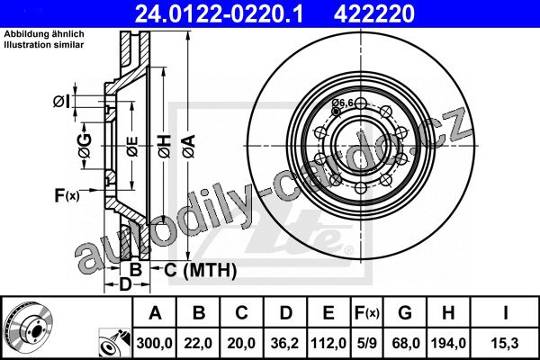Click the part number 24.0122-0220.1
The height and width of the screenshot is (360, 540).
coord(219,13)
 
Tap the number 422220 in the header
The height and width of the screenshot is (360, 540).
coord(374,13)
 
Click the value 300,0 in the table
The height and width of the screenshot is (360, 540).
coord(154,343)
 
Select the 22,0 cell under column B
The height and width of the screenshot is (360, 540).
coord(198,343)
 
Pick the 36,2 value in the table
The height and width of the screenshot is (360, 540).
coord(284,343)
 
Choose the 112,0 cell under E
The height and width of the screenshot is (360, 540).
coord(328,343)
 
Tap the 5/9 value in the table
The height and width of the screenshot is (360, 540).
coord(366,343)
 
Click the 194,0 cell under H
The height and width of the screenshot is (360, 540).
coord(448,343)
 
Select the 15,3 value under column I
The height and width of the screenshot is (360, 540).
coord(505,343)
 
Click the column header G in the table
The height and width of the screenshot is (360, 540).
coord(405,313)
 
